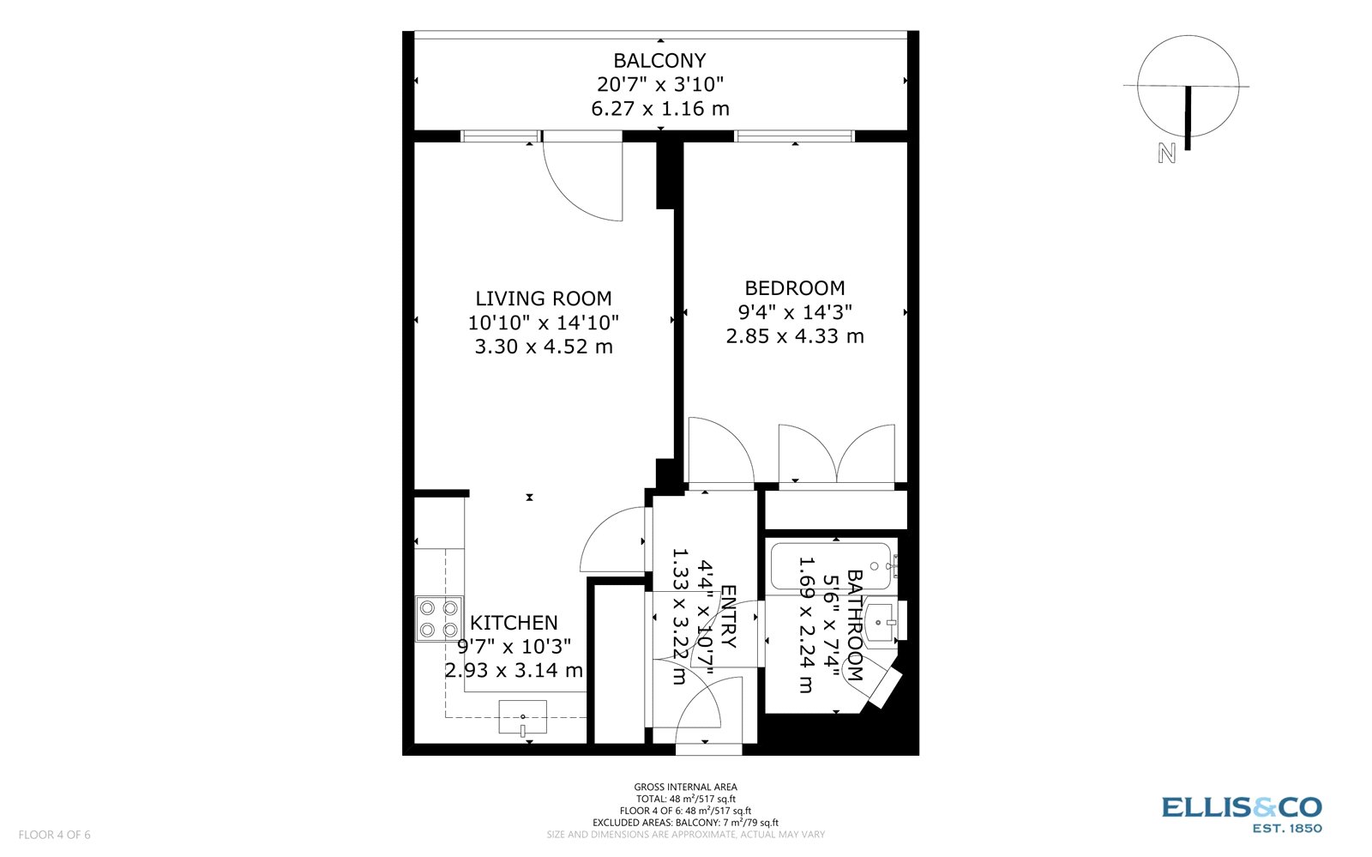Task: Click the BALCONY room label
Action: tap(659, 61)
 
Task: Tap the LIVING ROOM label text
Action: tap(544, 299)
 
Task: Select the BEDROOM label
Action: tap(794, 288)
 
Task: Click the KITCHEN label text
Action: tap(514, 623)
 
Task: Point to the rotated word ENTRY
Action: tap(728, 616)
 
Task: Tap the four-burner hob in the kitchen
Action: tap(438, 619)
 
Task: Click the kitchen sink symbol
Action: tap(522, 716)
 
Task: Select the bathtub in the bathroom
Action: tap(831, 565)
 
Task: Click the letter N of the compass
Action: tap(1166, 154)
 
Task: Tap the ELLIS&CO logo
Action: tap(1241, 807)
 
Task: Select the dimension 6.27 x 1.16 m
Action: tap(659, 109)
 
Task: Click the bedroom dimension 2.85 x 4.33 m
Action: tap(794, 336)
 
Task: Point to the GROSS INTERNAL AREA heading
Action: tap(685, 787)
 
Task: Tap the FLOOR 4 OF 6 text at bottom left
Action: tap(54, 835)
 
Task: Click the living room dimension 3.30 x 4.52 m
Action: tap(544, 347)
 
